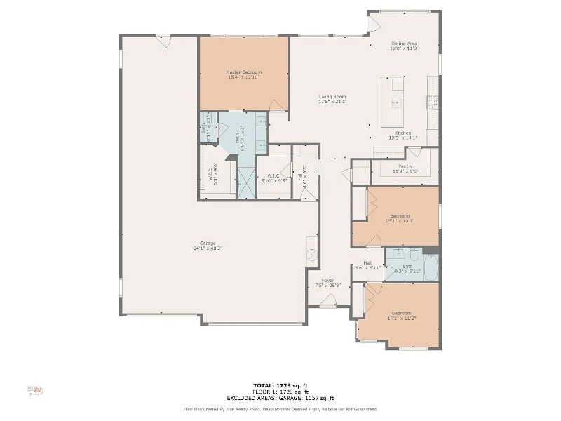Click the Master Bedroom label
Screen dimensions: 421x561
[243, 72]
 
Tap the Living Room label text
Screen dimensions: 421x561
[332, 97]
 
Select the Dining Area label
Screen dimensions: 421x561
[404, 44]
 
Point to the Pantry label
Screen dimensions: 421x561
[405, 166]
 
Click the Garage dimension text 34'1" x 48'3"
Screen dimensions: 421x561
[207, 248]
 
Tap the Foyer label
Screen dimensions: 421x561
[327, 281]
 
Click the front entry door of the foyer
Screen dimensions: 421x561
[327, 302]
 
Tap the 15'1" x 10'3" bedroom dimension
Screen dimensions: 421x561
[400, 221]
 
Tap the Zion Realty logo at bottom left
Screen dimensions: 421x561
[34, 389]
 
